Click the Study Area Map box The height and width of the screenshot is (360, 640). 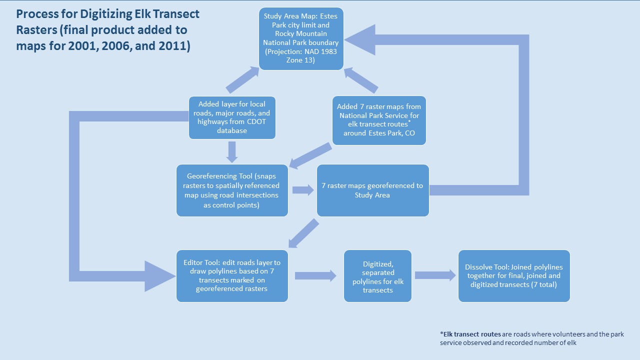[301, 38]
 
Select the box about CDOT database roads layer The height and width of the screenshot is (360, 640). [231, 117]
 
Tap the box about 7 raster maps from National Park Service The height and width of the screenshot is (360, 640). [379, 120]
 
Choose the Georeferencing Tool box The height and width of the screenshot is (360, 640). [232, 190]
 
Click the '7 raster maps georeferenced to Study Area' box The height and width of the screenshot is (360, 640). [372, 190]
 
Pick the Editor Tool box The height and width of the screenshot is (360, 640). [232, 276]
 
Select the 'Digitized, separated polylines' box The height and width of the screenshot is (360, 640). [377, 276]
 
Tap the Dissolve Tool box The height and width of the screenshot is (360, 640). [514, 276]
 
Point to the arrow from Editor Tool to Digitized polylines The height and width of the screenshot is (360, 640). [315, 275]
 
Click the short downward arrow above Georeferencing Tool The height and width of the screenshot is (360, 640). [231, 152]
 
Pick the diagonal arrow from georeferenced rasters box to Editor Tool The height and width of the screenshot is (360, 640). [303, 234]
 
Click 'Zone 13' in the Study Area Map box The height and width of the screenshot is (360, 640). [300, 60]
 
